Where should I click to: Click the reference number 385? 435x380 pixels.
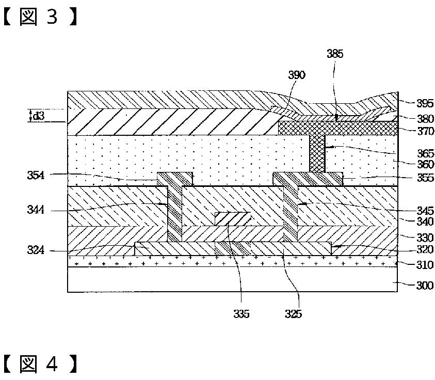335,54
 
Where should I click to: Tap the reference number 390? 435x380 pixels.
297,75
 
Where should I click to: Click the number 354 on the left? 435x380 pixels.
36,176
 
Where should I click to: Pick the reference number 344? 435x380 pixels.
36,210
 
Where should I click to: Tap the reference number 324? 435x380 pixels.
36,251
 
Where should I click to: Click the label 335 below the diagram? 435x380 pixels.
241,313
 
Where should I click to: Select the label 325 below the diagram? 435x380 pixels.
293,313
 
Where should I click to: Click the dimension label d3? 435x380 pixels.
39,116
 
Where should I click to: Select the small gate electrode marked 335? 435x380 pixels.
232,217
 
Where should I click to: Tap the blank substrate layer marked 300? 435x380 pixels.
232,279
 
